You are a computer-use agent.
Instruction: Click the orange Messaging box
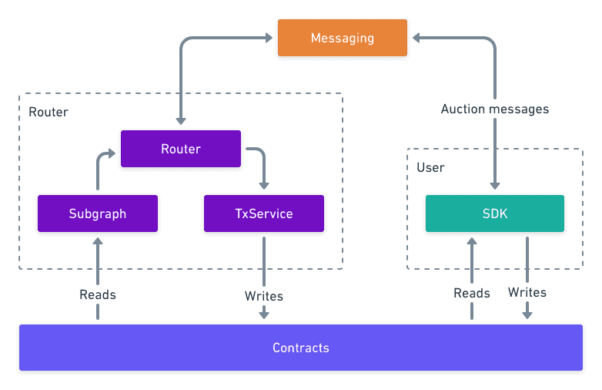pyautogui.click(x=343, y=38)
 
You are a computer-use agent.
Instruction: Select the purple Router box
pyautogui.click(x=181, y=149)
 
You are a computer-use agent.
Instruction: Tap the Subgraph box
pyautogui.click(x=98, y=213)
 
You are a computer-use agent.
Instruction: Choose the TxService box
pyautogui.click(x=264, y=213)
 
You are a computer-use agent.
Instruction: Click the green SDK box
pyautogui.click(x=495, y=213)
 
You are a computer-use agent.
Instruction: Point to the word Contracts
pyautogui.click(x=301, y=348)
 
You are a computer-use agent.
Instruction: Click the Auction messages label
pyautogui.click(x=495, y=109)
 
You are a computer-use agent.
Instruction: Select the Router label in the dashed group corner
pyautogui.click(x=48, y=113)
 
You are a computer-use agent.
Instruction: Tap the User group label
pyautogui.click(x=430, y=167)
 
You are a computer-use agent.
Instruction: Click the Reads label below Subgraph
pyautogui.click(x=98, y=294)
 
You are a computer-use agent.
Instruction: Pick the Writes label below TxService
pyautogui.click(x=264, y=296)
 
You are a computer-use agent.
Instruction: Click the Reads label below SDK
pyautogui.click(x=472, y=293)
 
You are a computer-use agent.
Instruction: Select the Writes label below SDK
pyautogui.click(x=527, y=292)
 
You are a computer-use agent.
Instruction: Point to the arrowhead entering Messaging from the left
pyautogui.click(x=269, y=38)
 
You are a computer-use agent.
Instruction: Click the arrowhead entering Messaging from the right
pyautogui.click(x=416, y=38)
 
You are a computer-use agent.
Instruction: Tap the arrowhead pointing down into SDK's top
pyautogui.click(x=495, y=186)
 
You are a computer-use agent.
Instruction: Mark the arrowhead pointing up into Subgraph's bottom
pyautogui.click(x=98, y=241)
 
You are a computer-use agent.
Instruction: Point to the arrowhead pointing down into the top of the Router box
pyautogui.click(x=181, y=121)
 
